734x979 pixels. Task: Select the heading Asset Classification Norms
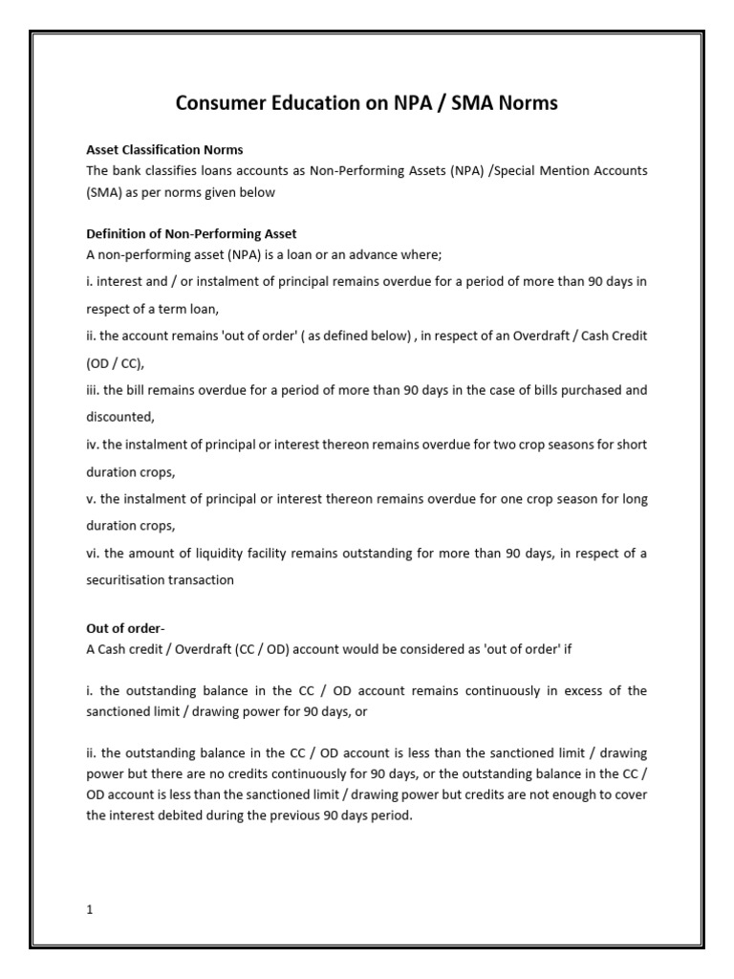click(x=164, y=150)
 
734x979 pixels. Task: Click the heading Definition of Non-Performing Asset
click(x=191, y=234)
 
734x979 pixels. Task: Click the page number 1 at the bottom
click(x=90, y=909)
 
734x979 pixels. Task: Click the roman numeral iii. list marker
click(x=93, y=390)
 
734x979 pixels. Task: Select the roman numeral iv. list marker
click(x=93, y=445)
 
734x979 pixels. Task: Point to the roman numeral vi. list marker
click(x=93, y=554)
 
